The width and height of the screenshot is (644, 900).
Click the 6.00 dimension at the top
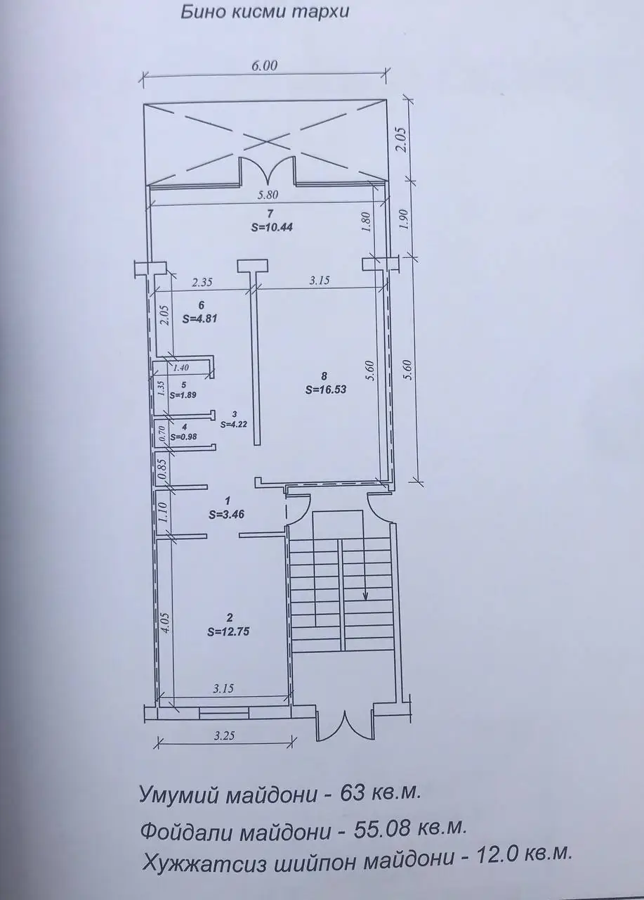264,65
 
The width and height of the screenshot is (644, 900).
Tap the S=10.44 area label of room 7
272,227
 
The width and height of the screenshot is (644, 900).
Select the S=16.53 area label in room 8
325,390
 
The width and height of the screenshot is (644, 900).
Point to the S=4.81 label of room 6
200,319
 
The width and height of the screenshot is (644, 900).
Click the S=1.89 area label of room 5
183,395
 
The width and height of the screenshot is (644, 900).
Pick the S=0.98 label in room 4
183,437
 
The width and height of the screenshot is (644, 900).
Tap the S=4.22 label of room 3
235,423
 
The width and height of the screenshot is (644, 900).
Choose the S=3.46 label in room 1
226,515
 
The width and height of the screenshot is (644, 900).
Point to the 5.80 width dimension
268,195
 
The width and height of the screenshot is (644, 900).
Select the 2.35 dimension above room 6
202,283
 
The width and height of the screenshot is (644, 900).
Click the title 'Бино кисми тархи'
265,13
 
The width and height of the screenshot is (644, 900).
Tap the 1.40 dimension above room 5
180,367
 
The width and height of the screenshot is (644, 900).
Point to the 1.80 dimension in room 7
367,222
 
